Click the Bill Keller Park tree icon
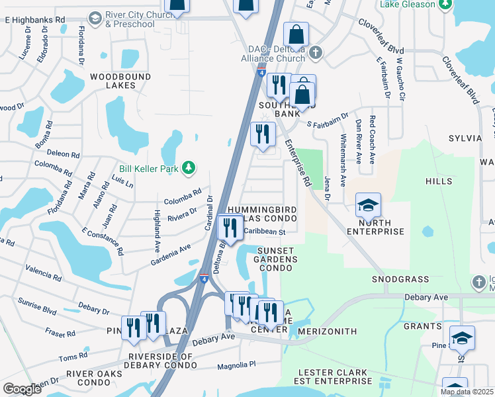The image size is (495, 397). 189,168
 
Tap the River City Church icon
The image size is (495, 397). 95,17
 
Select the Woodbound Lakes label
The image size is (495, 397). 120,81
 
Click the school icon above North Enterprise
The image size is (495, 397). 368,206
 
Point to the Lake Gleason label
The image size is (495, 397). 408,5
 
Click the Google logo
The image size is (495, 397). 22,389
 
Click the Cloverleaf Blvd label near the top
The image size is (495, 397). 381,40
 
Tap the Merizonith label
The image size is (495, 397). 328,331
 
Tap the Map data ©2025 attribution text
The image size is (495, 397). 467,392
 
